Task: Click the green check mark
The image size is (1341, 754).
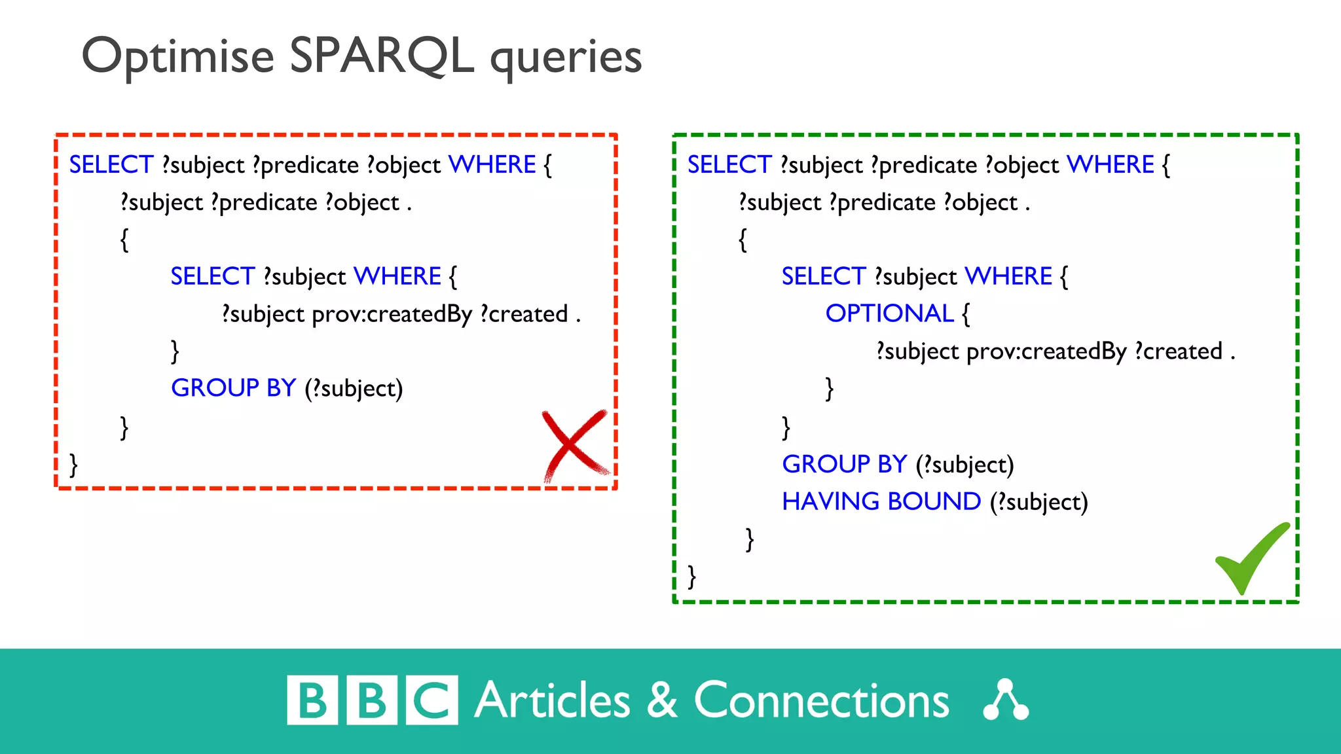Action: coord(1251,560)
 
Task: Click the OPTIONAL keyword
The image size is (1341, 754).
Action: coord(889,314)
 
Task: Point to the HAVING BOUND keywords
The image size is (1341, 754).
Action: coord(881,502)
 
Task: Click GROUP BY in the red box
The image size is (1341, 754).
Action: coord(233,388)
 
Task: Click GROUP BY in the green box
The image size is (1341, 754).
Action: coord(844,465)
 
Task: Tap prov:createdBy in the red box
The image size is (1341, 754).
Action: coord(392,315)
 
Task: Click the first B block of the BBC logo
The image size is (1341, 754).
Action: coord(312,700)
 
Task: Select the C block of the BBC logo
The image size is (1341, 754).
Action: coord(432,700)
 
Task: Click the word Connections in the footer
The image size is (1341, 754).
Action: coord(821,701)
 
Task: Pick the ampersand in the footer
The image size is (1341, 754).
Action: coord(662,700)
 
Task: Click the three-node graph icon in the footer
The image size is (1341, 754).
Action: coord(1006,700)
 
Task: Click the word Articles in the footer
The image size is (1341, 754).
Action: coord(552,701)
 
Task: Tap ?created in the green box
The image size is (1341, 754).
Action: coord(1178,352)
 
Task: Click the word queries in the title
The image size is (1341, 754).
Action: coord(566,58)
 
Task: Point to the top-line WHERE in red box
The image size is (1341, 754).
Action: coord(492,165)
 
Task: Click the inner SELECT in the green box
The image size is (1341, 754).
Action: coord(823,277)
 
